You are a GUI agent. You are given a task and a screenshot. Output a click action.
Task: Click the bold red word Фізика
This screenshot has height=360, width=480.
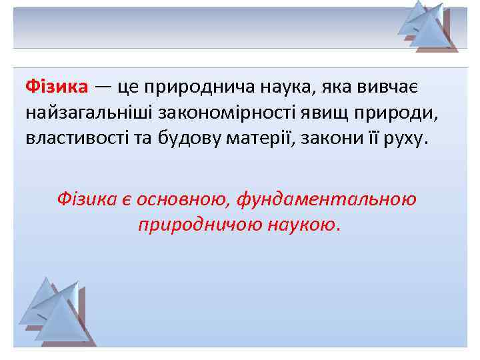(57, 87)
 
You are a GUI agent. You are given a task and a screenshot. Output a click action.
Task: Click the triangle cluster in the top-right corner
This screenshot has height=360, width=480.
(427, 27)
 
